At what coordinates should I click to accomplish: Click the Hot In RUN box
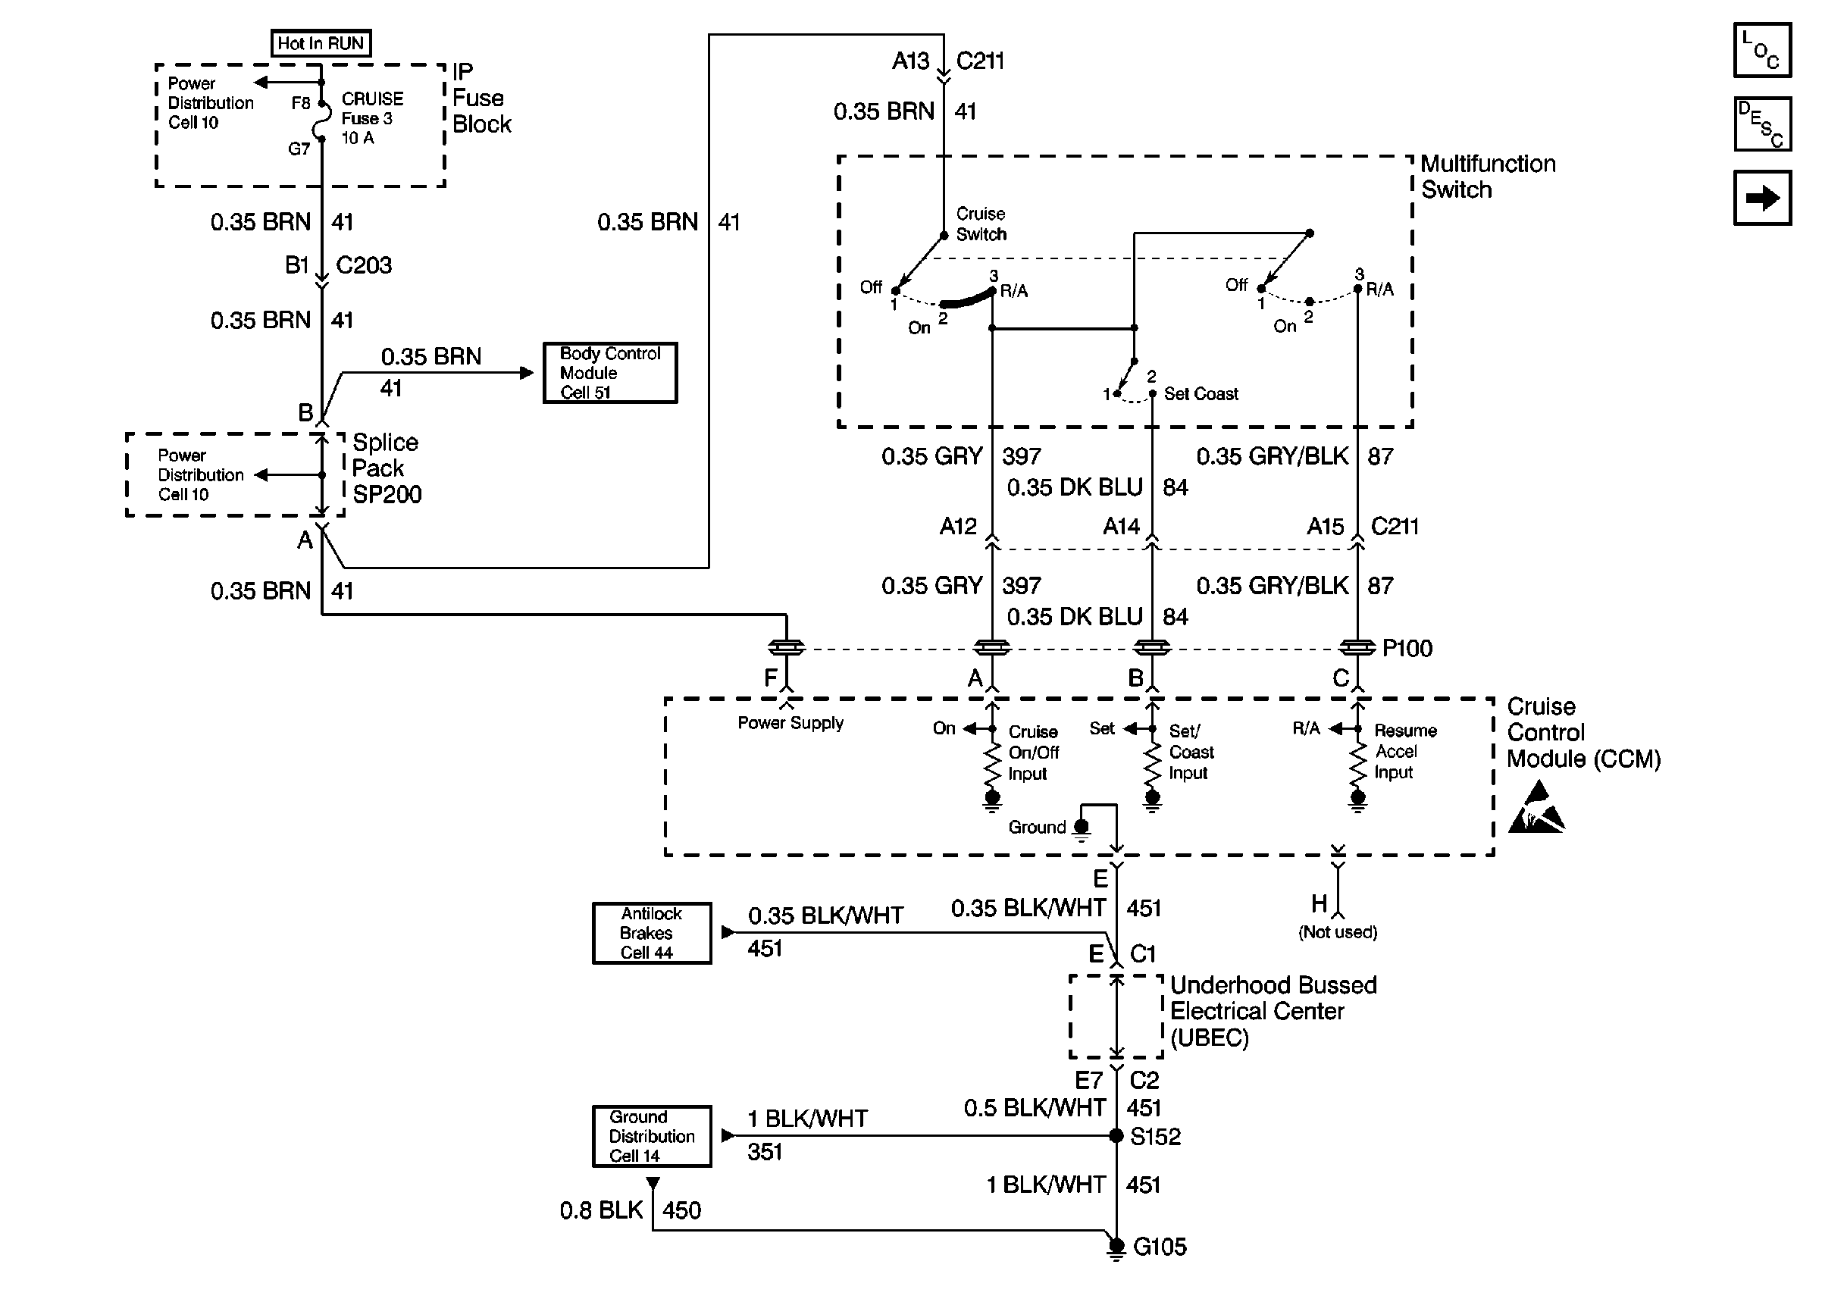[x=320, y=43]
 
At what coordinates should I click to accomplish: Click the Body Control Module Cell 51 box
[x=609, y=373]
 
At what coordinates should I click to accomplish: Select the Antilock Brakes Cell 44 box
[x=651, y=933]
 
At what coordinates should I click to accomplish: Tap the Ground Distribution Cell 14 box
[x=651, y=1136]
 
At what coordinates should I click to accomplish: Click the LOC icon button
[x=1761, y=51]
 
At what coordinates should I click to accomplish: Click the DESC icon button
[x=1761, y=124]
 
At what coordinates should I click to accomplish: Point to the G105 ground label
[x=1159, y=1247]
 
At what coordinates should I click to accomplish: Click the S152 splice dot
[x=1116, y=1136]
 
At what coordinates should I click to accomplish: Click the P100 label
[x=1407, y=649]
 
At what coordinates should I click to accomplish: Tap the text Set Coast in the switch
[x=1200, y=393]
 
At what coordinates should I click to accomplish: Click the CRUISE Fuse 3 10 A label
[x=371, y=119]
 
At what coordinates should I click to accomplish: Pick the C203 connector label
[x=363, y=265]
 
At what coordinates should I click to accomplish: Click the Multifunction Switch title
[x=1487, y=177]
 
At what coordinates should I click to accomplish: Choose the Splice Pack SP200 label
[x=386, y=468]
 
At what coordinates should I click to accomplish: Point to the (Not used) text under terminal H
[x=1337, y=932]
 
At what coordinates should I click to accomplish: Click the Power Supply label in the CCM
[x=790, y=723]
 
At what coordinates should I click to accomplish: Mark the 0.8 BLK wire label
[x=601, y=1210]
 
